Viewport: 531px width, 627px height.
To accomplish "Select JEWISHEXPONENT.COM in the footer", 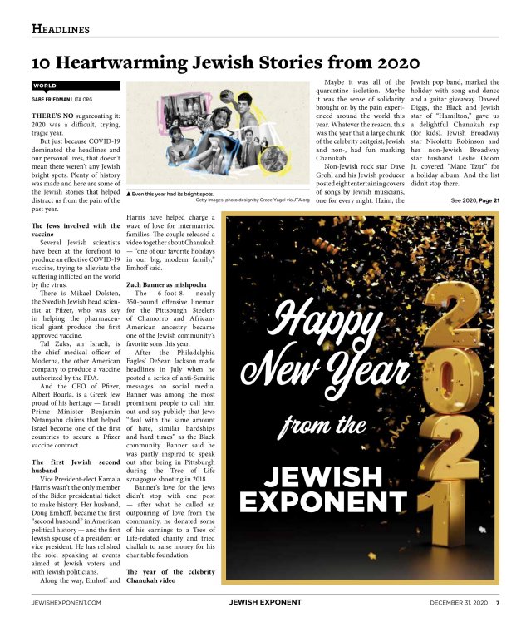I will point(66,602).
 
